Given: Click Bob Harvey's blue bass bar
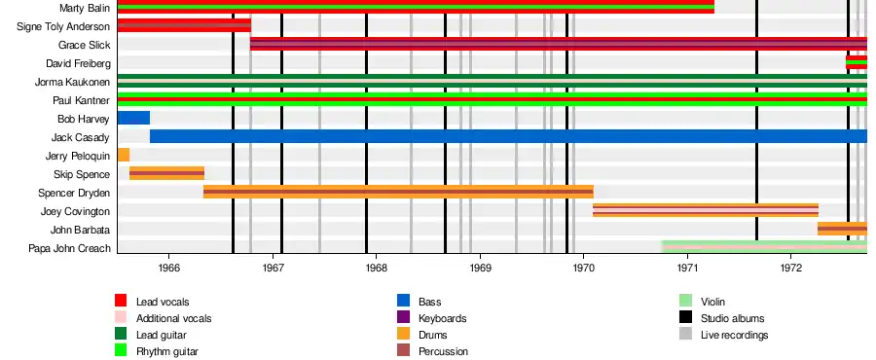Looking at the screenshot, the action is (x=133, y=118).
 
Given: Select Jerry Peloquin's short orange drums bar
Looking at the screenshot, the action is (x=124, y=155).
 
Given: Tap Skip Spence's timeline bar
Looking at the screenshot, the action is (x=166, y=173).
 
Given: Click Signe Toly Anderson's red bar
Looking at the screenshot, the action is (x=184, y=25).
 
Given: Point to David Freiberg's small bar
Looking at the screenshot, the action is (x=857, y=62).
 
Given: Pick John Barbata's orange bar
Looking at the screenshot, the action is (x=842, y=229).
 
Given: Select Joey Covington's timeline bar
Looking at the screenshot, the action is (x=706, y=210).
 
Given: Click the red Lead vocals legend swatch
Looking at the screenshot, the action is (x=121, y=301).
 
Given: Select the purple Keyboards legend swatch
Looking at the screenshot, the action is (x=403, y=317).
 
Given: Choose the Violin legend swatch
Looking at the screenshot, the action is (x=685, y=301).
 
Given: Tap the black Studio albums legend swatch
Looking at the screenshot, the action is (x=685, y=317).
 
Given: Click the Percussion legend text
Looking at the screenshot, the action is (x=443, y=351).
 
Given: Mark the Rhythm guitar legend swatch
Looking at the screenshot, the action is (x=121, y=350).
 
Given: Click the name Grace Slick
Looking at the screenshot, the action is (x=85, y=45).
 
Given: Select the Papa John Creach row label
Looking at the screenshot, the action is (x=70, y=248).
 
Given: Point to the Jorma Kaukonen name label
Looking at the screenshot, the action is (x=73, y=82).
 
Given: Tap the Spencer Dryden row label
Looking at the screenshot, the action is (x=74, y=193).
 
